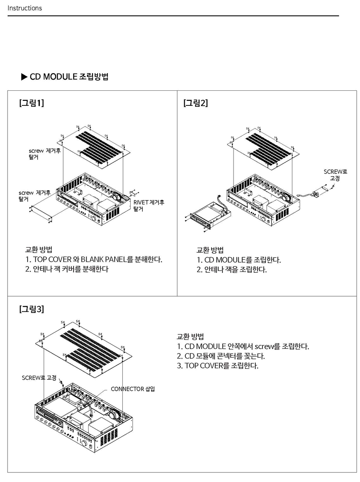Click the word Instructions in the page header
click(x=25, y=8)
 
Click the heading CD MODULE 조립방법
click(x=69, y=77)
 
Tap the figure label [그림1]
click(x=31, y=103)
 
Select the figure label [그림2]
click(x=195, y=103)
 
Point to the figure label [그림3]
click(x=31, y=309)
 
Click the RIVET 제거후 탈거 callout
click(x=149, y=205)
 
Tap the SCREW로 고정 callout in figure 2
click(x=335, y=175)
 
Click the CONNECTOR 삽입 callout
click(x=133, y=389)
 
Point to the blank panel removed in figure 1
click(x=41, y=211)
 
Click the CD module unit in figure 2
click(x=209, y=216)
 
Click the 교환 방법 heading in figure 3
click(x=190, y=336)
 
